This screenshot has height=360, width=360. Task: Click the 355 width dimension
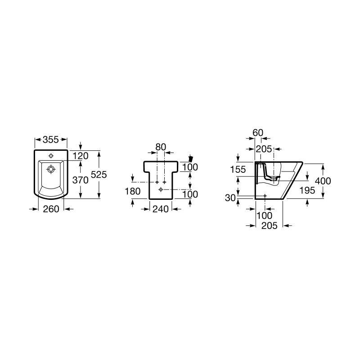[51, 139]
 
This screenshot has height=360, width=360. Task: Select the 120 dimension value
[81, 156]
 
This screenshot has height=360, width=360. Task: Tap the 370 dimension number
[81, 180]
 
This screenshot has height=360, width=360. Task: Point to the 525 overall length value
[99, 175]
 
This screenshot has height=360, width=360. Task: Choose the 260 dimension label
[51, 209]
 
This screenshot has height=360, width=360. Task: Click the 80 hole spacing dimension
[161, 147]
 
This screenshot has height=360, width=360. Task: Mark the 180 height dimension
[133, 191]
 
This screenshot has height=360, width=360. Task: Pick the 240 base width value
[161, 209]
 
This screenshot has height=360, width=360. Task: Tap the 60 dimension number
[258, 133]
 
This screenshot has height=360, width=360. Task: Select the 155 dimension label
[238, 170]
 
